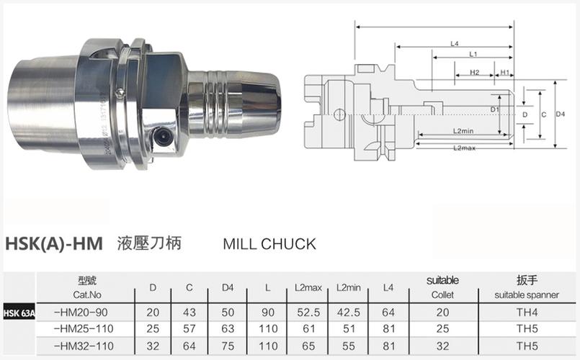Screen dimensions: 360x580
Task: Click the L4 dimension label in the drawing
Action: tap(455, 44)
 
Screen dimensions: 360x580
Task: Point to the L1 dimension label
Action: tap(473, 55)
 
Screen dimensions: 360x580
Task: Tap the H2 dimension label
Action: tap(475, 73)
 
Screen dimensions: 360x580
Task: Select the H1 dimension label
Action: tap(505, 73)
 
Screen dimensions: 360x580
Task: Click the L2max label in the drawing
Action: tap(464, 148)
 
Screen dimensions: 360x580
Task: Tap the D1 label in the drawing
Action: tap(495, 109)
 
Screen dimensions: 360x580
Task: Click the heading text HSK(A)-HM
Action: tap(54, 243)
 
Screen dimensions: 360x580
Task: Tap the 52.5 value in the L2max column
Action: tap(308, 312)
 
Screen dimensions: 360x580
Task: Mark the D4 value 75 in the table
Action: tap(228, 345)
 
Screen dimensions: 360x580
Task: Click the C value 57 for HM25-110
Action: tap(189, 328)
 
